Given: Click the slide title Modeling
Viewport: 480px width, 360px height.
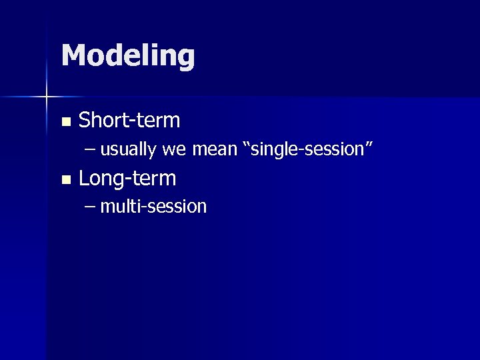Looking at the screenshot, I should click(128, 56).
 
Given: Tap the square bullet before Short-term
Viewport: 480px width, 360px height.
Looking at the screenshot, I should click(65, 122).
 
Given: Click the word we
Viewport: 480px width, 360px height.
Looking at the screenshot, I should click(173, 150).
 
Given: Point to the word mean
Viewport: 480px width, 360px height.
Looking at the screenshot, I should click(214, 150).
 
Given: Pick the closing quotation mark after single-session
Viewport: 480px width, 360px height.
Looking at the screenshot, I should click(367, 145).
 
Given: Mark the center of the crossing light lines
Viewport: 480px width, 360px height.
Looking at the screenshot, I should click(47, 97).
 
